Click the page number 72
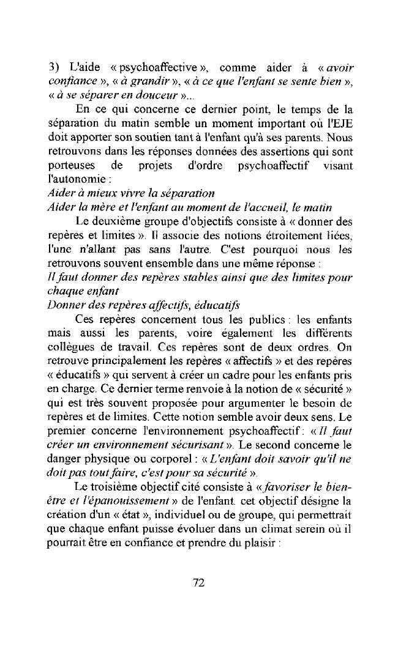(x=198, y=583)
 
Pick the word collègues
(x=70, y=349)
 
